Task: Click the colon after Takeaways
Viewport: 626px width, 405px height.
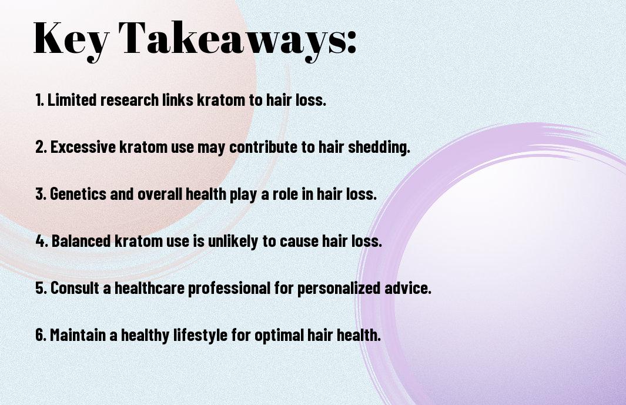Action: coord(351,43)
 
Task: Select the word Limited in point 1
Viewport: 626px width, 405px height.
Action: coord(72,100)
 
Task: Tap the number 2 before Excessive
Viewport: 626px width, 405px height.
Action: coord(41,147)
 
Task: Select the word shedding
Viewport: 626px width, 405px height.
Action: coord(379,147)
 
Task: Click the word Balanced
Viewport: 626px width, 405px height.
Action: coord(81,241)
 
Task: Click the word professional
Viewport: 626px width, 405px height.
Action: coord(229,289)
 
